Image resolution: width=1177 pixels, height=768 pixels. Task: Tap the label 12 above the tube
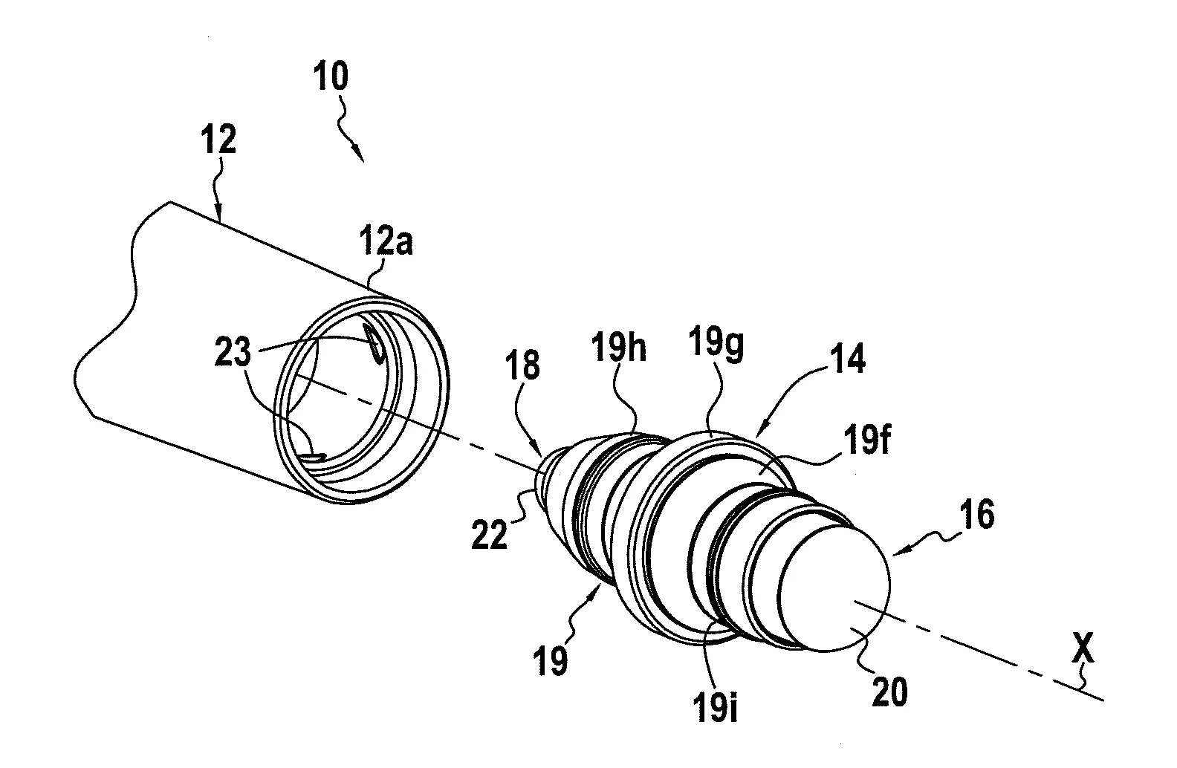pos(219,140)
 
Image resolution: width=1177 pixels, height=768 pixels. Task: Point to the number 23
pos(233,352)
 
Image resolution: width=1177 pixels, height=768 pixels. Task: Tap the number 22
pos(491,534)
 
